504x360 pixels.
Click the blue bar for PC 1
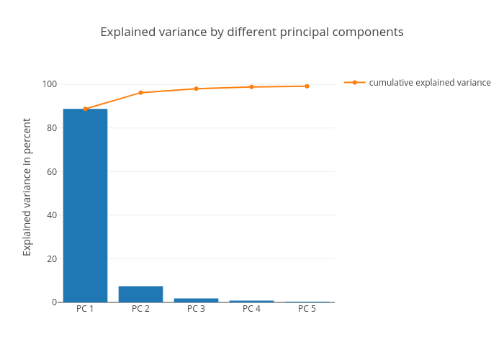[85, 205]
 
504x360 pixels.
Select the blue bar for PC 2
[140, 294]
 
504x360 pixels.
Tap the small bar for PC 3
[196, 300]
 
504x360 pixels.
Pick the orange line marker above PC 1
[85, 109]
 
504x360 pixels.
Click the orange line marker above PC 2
[140, 93]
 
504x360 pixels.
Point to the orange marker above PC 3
[196, 89]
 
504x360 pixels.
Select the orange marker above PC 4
[251, 87]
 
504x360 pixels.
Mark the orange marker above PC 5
[307, 86]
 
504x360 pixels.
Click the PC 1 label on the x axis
[85, 309]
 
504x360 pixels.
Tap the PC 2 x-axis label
[140, 309]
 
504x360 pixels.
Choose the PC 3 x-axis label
[196, 309]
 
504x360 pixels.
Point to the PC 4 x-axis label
[251, 309]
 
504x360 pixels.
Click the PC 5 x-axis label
[307, 309]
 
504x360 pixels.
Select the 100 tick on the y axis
[49, 84]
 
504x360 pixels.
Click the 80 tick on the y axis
[51, 128]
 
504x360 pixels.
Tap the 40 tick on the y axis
[51, 215]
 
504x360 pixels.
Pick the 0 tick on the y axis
[54, 302]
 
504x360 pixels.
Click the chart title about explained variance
[252, 32]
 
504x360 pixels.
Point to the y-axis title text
[27, 187]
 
